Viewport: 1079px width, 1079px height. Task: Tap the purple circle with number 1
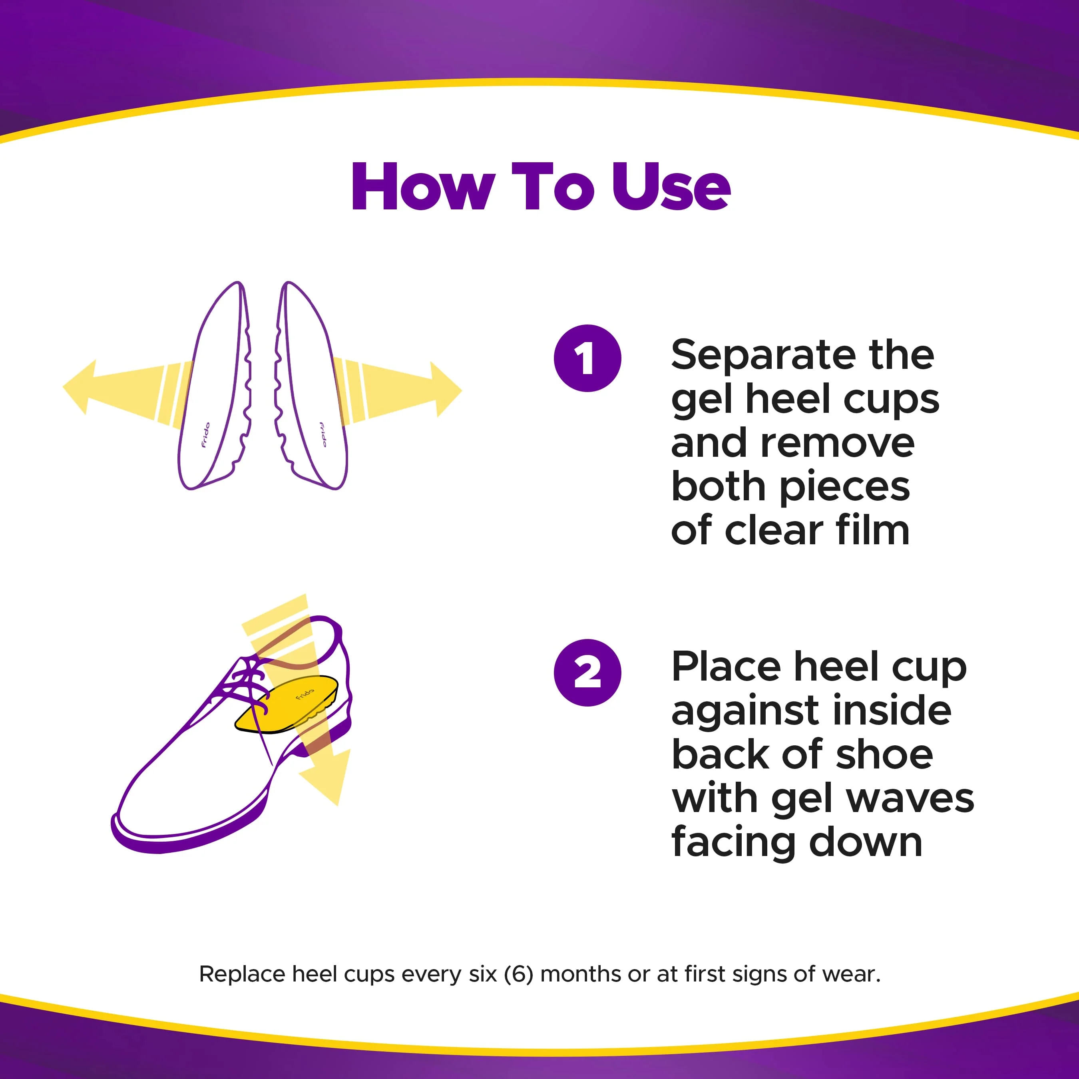587,358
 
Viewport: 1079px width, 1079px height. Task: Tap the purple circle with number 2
587,673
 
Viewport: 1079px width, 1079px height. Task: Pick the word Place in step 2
727,667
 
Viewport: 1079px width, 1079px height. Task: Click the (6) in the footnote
518,974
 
